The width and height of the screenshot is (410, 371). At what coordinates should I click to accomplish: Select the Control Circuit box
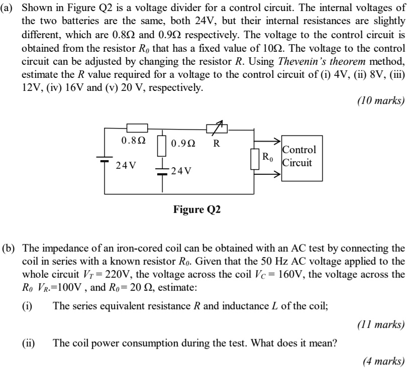point(299,156)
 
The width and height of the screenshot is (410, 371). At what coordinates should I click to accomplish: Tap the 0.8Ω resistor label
point(134,141)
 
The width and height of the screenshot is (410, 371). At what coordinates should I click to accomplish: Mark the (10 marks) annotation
point(380,100)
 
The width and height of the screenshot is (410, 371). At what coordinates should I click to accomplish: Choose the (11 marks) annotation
point(380,324)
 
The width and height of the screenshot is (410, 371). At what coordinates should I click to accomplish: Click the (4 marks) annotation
point(383,360)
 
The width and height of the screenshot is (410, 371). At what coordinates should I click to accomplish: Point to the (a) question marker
point(10,9)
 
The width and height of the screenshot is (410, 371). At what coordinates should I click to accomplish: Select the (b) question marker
point(10,249)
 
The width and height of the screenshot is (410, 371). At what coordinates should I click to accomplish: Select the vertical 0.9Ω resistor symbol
point(162,145)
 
